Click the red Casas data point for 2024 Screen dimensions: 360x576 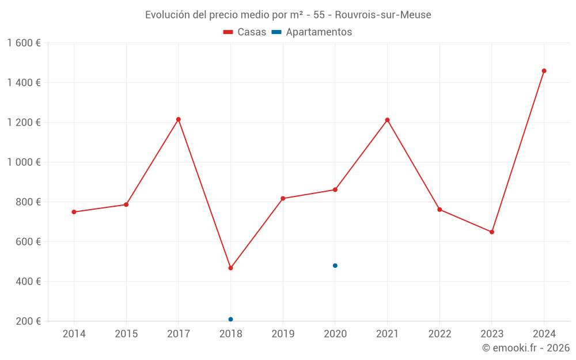click(x=544, y=71)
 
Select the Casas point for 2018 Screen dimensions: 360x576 click(x=230, y=268)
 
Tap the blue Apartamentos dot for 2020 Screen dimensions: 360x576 click(x=335, y=266)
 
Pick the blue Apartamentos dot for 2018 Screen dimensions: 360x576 click(x=230, y=319)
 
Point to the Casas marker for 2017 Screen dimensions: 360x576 click(x=179, y=119)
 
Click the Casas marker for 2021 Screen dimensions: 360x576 click(x=387, y=120)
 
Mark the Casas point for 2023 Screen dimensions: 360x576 click(x=491, y=232)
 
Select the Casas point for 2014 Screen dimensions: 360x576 click(x=74, y=212)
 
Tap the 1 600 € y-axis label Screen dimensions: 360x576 click(x=24, y=43)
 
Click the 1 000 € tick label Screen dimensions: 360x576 click(x=24, y=162)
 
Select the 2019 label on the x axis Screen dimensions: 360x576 click(x=283, y=334)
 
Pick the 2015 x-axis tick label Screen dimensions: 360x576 click(x=126, y=334)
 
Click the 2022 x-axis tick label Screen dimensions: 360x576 click(x=439, y=334)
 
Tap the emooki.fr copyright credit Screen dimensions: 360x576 click(x=525, y=348)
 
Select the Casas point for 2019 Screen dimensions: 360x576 click(x=283, y=198)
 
